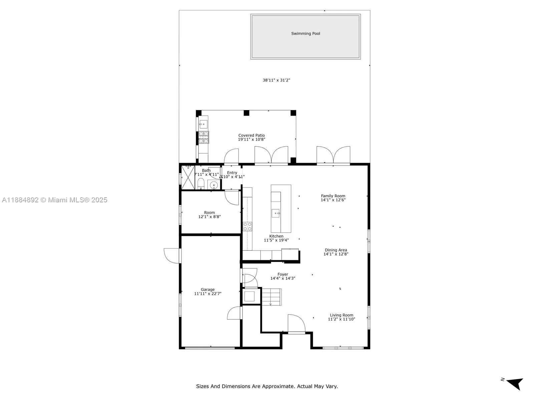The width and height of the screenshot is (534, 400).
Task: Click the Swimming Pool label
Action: pos(305,34)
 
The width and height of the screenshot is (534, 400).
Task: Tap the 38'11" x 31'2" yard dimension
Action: pos(276,80)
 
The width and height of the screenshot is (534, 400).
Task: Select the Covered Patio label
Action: pos(251,136)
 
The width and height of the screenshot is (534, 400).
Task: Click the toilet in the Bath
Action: pos(201,183)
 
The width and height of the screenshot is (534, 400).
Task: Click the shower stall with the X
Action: pos(188,178)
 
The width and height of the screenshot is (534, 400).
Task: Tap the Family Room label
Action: pos(333,196)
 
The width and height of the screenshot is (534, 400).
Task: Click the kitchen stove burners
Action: pos(247,227)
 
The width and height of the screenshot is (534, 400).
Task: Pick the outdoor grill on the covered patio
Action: pos(203,137)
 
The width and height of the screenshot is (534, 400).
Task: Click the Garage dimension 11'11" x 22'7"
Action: pos(208,294)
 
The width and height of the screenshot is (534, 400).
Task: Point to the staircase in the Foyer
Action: pos(271,297)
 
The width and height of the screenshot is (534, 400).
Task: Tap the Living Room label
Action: pos(341,315)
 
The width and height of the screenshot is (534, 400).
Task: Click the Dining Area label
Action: pos(336,250)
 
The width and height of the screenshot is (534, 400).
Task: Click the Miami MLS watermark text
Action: pos(54,200)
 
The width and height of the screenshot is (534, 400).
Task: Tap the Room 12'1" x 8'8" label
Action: pos(209,215)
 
